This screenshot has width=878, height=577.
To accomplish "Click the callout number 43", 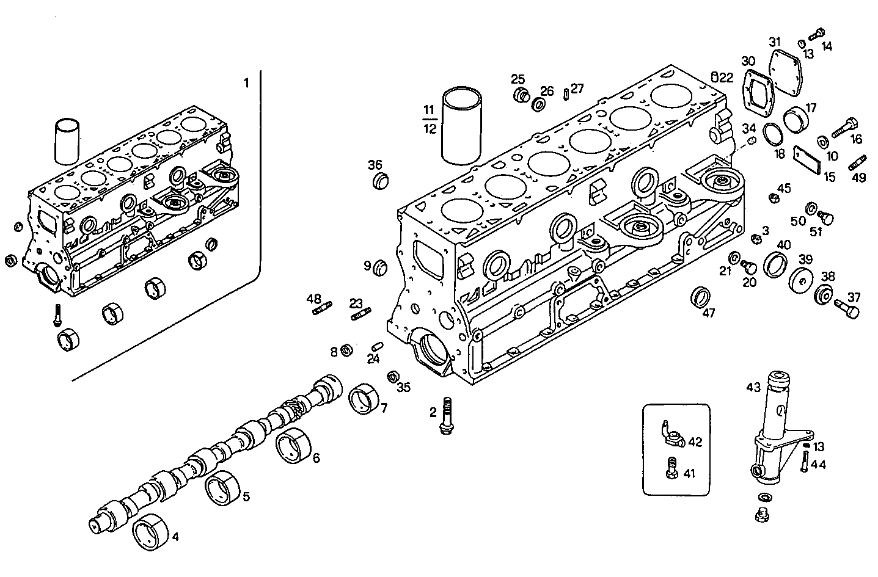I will pyautogui.click(x=753, y=387).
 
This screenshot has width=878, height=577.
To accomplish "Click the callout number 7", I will pyautogui.click(x=384, y=408).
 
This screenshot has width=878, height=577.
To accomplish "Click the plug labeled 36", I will pyautogui.click(x=381, y=181).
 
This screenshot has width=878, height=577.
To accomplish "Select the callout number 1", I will pyautogui.click(x=246, y=83).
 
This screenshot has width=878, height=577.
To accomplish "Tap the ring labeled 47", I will pyautogui.click(x=701, y=296).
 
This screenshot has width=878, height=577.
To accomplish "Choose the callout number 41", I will pyautogui.click(x=689, y=473).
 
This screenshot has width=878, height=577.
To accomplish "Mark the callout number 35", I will pyautogui.click(x=404, y=387).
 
